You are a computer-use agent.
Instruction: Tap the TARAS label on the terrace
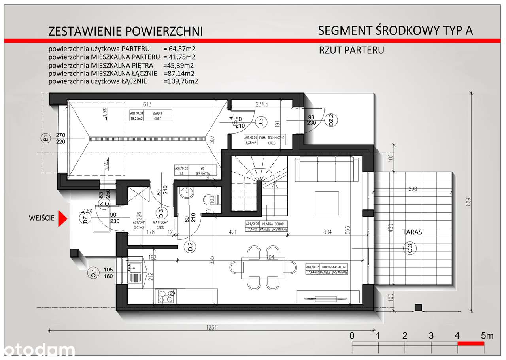[412, 232]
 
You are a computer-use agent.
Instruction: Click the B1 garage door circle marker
[46, 139]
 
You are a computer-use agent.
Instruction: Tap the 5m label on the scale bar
[487, 336]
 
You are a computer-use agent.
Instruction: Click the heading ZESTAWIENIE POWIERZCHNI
[125, 31]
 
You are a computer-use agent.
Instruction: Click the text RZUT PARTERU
[352, 50]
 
